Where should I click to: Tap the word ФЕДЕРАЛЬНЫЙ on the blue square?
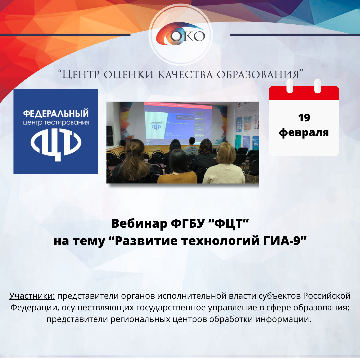(56, 113)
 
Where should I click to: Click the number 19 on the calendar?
(304, 118)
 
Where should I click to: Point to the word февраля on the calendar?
(304, 132)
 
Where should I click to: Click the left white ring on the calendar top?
(290, 86)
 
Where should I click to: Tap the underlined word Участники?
(32, 296)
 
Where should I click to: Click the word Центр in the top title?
(81, 74)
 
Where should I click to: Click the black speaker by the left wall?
(110, 137)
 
